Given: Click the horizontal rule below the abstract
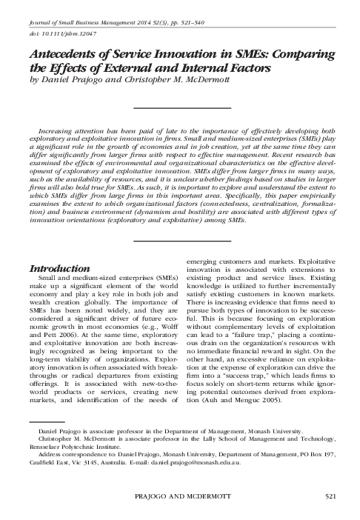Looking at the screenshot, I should pos(180,220).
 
